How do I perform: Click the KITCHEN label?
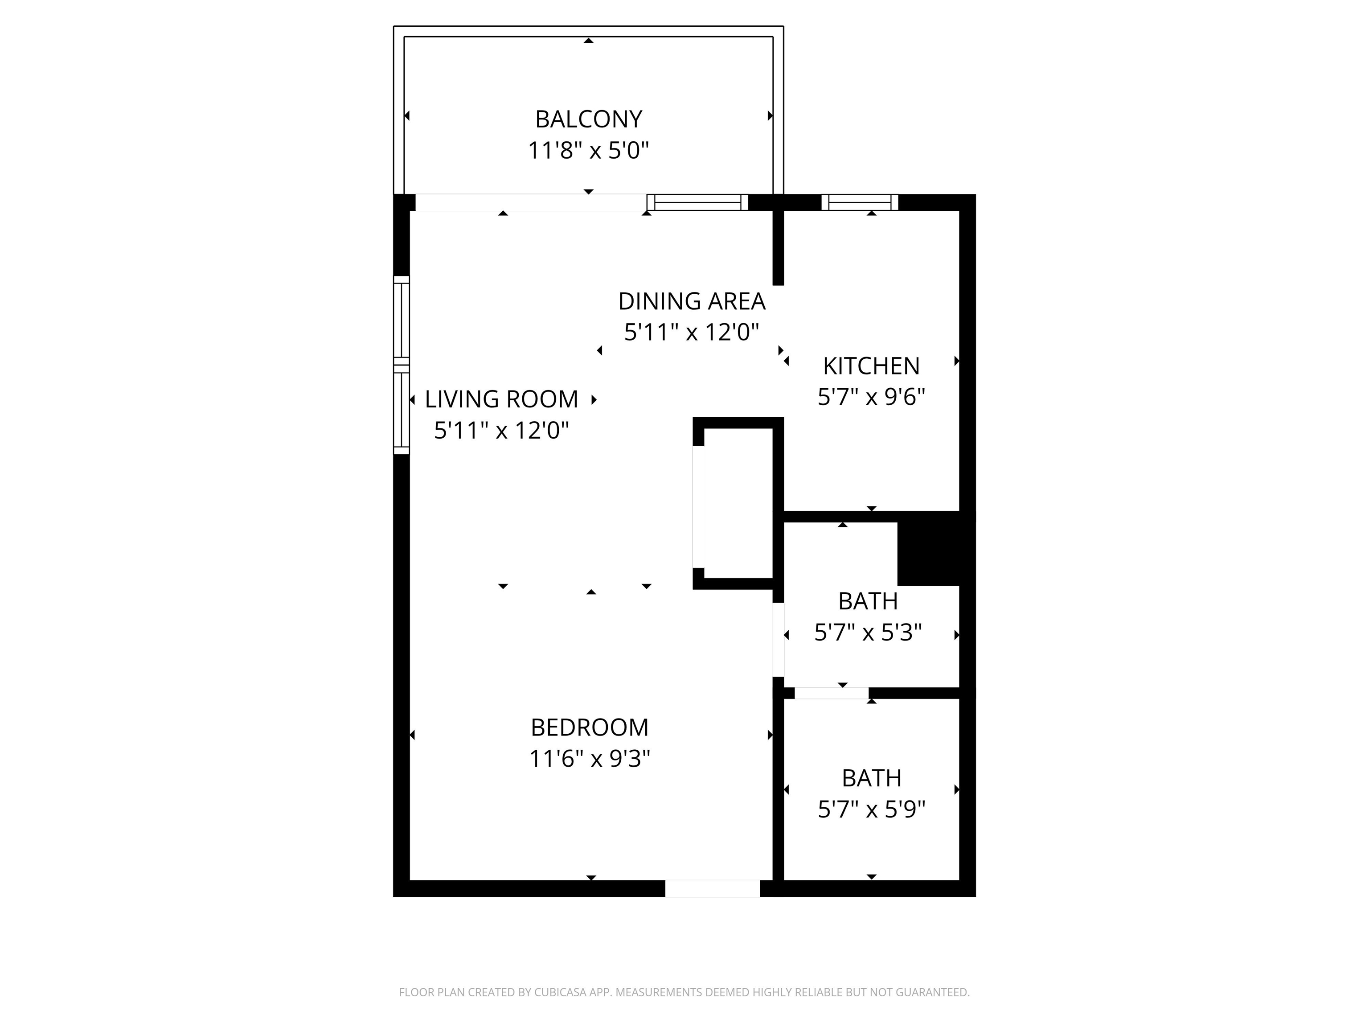click(x=871, y=366)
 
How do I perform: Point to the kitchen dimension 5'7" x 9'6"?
click(x=871, y=397)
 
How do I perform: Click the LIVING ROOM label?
click(x=501, y=399)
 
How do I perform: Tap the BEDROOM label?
click(x=589, y=727)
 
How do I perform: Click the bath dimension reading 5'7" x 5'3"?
click(x=868, y=633)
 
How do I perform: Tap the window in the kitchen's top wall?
click(x=860, y=202)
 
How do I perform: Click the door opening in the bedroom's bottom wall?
click(x=712, y=888)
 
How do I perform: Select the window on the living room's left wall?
click(x=402, y=365)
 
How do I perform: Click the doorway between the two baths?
click(x=831, y=693)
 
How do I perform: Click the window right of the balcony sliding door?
click(x=697, y=202)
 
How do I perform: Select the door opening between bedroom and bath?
click(x=778, y=640)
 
